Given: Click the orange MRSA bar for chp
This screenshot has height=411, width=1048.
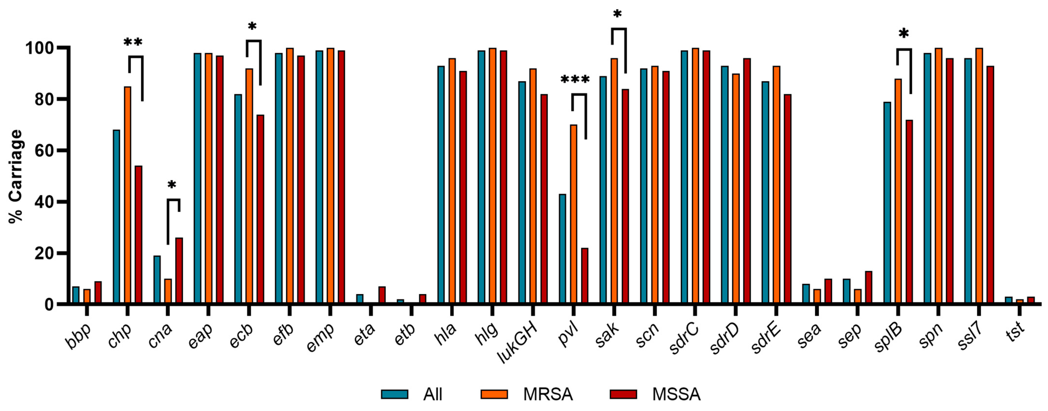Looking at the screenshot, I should click(128, 195).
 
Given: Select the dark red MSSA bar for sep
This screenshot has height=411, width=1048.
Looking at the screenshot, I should click(869, 287).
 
